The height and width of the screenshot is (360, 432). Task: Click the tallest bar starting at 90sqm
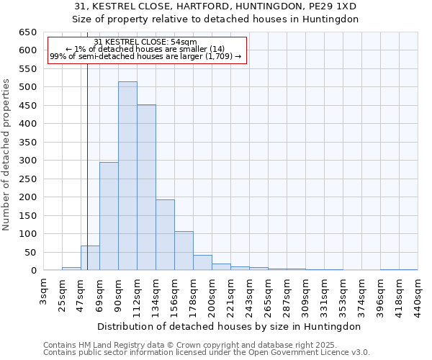pos(127,176)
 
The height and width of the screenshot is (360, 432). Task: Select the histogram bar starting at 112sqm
pos(146,188)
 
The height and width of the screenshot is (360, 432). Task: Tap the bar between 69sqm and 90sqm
pos(109,216)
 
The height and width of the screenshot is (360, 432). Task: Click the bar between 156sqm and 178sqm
pos(184,251)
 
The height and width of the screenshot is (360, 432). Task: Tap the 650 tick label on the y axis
pos(27,32)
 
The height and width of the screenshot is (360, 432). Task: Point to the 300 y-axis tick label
pos(27,161)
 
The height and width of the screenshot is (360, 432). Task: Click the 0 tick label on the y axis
pos(32,271)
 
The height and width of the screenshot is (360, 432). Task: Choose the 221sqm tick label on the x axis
pos(231,294)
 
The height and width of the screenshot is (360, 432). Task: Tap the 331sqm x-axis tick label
pos(325,294)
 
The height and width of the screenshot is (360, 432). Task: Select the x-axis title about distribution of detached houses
pos(230,326)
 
